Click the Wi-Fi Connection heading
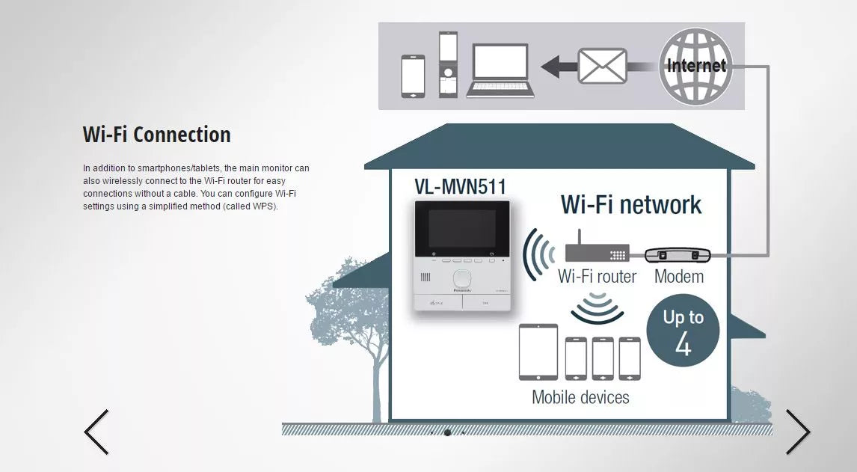tap(156, 135)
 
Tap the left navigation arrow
tap(96, 432)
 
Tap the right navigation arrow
tap(797, 432)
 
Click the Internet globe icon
tap(695, 65)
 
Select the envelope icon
tap(602, 66)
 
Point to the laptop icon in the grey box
tap(500, 70)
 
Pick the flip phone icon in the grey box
tap(448, 64)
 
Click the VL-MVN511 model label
tap(461, 186)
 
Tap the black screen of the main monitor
tap(461, 230)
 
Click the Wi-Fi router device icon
tap(596, 250)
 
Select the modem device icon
tap(677, 254)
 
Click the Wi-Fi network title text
tap(631, 204)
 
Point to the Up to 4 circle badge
tap(683, 331)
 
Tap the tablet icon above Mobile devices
tap(538, 352)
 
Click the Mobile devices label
tap(580, 397)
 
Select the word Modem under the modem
tap(679, 277)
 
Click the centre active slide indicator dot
tap(447, 432)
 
